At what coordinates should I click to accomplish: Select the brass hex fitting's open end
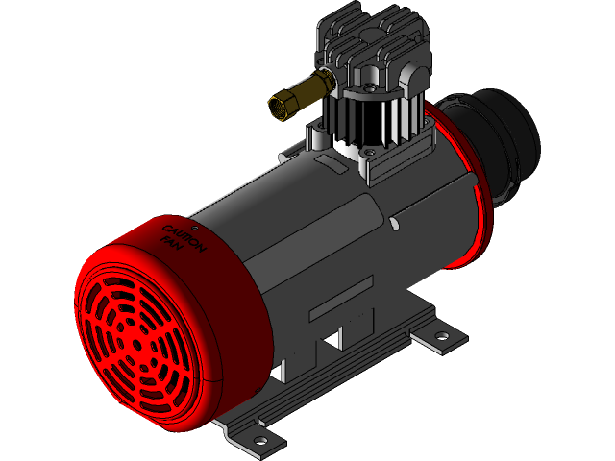pyautogui.click(x=278, y=109)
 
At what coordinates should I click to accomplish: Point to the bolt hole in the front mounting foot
pyautogui.click(x=260, y=439)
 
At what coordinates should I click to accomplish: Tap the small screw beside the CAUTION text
pyautogui.click(x=195, y=229)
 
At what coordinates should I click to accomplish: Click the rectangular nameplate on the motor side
pyautogui.click(x=339, y=305)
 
